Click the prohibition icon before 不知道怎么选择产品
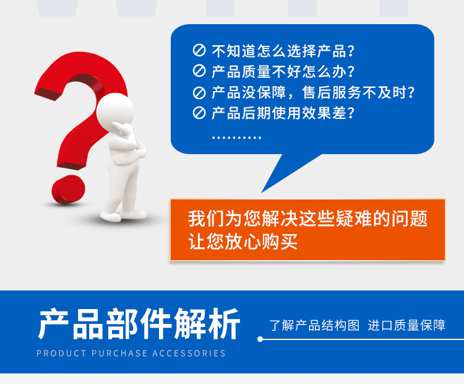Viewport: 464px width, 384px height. coord(199,51)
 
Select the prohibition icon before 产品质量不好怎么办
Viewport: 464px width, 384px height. coord(199,71)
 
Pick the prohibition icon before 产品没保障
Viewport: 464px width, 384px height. coord(199,93)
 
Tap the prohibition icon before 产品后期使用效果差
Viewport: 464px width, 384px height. coord(199,113)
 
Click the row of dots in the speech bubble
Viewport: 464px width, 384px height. coord(236,137)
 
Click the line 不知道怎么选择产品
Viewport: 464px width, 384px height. coord(283,51)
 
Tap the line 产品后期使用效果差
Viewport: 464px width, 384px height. coord(283,113)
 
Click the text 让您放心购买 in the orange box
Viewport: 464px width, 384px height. coord(243,241)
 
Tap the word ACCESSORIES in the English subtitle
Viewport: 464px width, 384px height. coord(189,354)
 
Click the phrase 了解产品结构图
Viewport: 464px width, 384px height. coord(314,325)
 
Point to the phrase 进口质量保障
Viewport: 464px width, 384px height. coord(406,325)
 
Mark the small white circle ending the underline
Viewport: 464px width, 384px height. coord(260,339)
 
